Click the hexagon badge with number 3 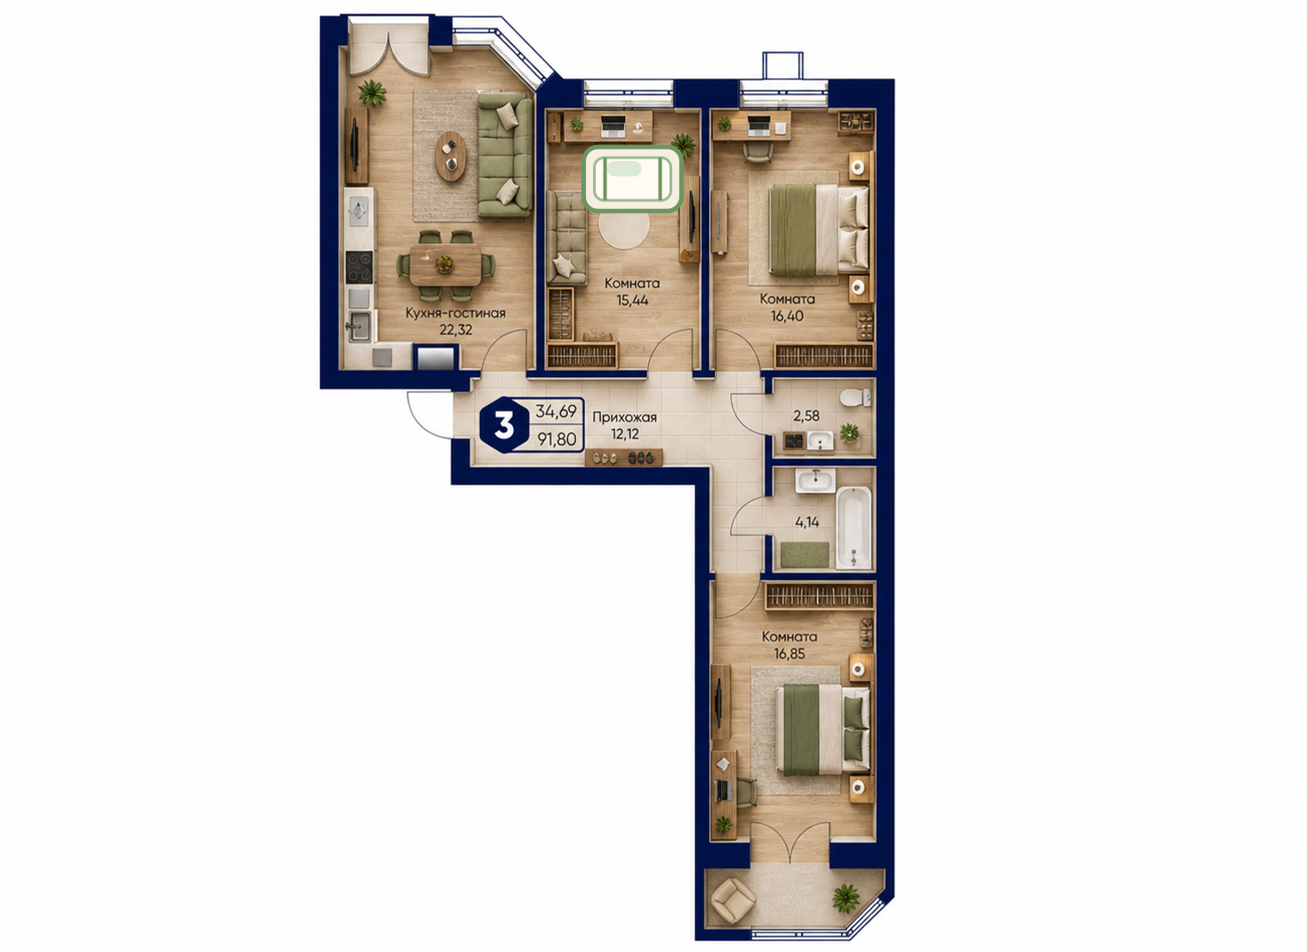pos(504,424)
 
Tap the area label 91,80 pos(557,439)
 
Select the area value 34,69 pos(556,411)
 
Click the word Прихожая pos(624,417)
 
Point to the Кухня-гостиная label pos(455,313)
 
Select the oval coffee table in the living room pos(451,156)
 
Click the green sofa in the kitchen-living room pos(505,156)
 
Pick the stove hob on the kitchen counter pos(359,267)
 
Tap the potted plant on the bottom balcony pos(846,898)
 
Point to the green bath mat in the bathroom pos(805,554)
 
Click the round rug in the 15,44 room pos(624,230)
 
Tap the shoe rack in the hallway pos(624,456)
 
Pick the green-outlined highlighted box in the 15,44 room pos(632,178)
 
